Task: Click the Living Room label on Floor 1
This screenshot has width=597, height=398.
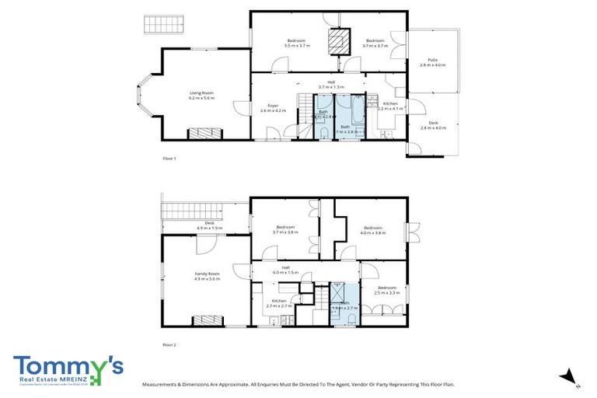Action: (201, 96)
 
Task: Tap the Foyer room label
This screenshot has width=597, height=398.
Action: (273, 108)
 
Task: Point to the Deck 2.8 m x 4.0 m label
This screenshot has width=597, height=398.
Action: (433, 124)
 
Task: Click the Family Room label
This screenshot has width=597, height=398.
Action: (207, 275)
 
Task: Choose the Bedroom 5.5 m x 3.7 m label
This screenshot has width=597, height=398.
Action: (297, 43)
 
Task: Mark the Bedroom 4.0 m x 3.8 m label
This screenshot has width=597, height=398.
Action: (373, 230)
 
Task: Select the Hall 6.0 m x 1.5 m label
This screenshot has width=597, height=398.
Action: (285, 271)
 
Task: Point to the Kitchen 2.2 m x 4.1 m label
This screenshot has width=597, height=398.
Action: (389, 106)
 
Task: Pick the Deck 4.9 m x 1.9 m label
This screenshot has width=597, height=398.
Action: (209, 225)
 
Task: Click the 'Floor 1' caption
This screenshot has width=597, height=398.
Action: (169, 159)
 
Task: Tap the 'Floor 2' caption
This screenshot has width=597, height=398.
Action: (169, 344)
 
